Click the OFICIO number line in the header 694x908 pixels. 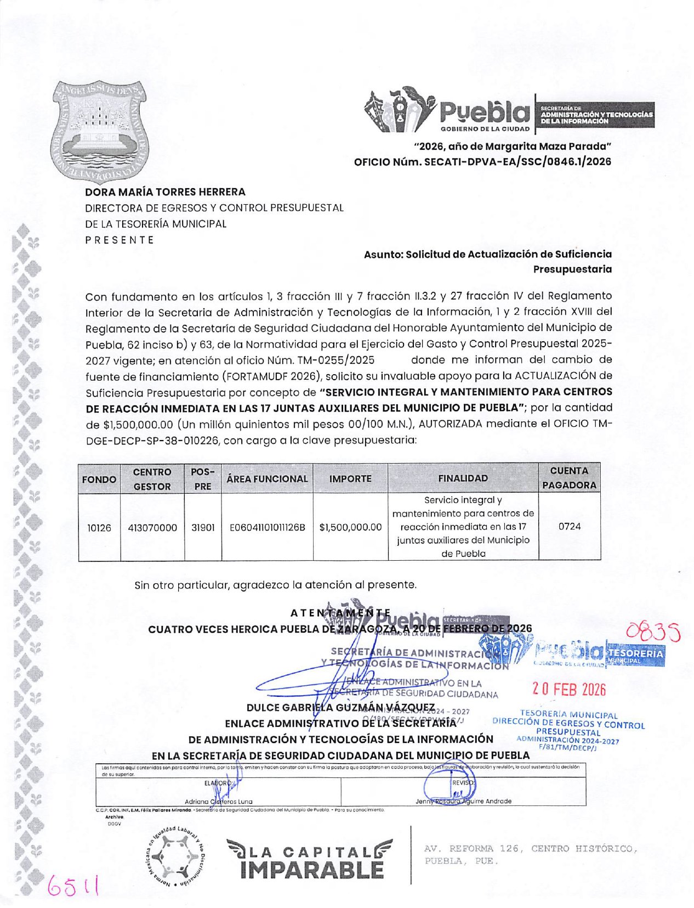[x=482, y=162]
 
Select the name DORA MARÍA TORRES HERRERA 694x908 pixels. [x=165, y=192]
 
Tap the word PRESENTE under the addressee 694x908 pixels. [x=120, y=240]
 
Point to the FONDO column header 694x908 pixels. [x=99, y=479]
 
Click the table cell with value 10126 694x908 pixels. [x=99, y=527]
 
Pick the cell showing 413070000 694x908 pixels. [x=152, y=527]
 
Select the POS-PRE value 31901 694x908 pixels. [x=203, y=527]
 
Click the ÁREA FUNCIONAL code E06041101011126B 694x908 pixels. [x=267, y=527]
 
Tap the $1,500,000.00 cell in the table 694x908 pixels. [x=350, y=527]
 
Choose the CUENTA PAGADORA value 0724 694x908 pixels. [x=569, y=526]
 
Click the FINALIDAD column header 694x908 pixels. [x=463, y=478]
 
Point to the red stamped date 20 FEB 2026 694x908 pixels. [x=569, y=689]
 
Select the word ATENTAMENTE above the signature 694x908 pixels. [x=340, y=613]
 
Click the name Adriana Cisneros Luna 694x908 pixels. [x=218, y=801]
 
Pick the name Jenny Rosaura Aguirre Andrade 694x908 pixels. [x=463, y=801]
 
